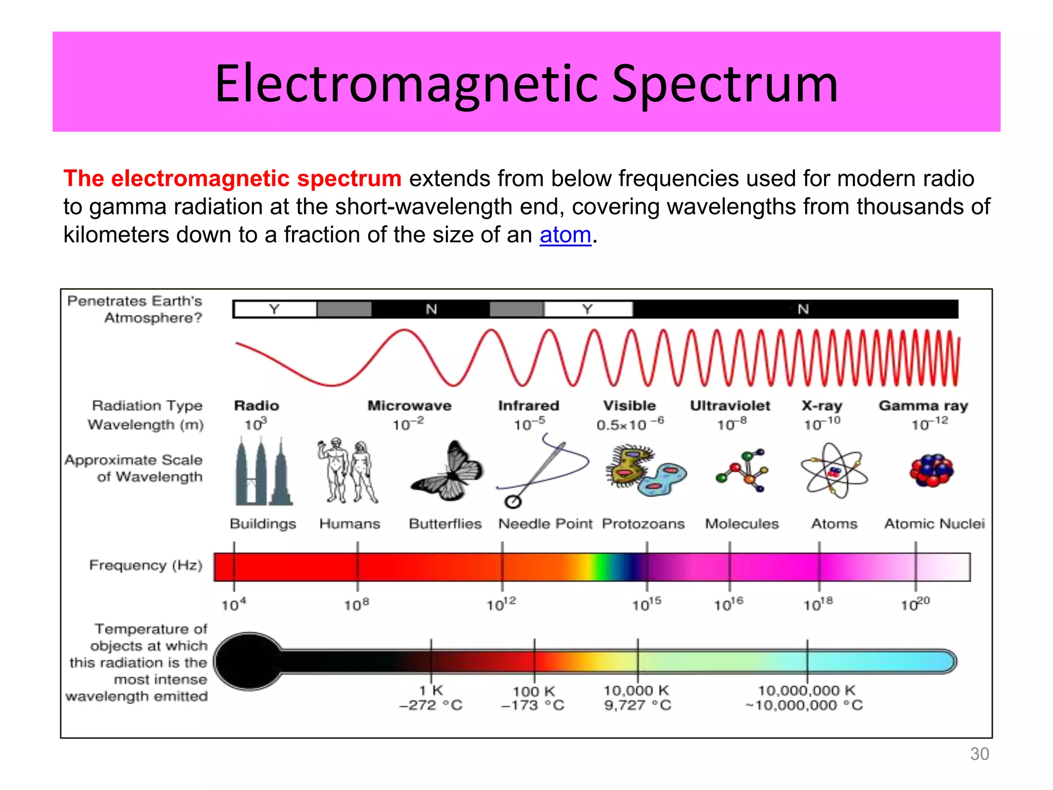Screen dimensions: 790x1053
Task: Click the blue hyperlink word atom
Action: [565, 235]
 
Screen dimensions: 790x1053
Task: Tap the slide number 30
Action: [979, 753]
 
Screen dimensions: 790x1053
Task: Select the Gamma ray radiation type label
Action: [923, 406]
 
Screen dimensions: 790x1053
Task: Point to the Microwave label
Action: [409, 406]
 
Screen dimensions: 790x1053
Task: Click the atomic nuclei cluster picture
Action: [931, 470]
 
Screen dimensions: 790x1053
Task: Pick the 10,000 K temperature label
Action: [636, 690]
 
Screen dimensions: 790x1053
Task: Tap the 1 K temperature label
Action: [431, 690]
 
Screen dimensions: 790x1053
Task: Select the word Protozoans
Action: [643, 524]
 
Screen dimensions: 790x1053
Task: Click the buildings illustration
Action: [263, 472]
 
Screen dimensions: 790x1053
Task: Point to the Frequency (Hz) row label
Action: [146, 565]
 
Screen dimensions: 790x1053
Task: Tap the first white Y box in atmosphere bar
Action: [275, 309]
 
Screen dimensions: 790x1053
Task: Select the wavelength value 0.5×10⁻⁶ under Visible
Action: [630, 424]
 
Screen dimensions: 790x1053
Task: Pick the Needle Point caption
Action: [545, 524]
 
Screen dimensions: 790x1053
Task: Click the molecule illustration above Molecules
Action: [742, 470]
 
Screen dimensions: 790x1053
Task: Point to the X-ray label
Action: [822, 406]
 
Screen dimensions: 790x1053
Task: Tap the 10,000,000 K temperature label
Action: [806, 690]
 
